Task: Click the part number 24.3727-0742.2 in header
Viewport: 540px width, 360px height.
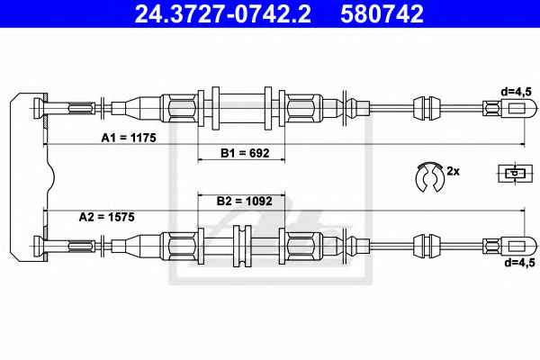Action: pyautogui.click(x=222, y=13)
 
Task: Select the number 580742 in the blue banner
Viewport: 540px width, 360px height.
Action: pyautogui.click(x=382, y=13)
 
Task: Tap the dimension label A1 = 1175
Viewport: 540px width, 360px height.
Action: pyautogui.click(x=129, y=138)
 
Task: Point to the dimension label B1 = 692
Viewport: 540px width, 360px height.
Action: pyautogui.click(x=245, y=153)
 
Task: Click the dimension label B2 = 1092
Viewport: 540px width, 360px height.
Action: pyautogui.click(x=245, y=202)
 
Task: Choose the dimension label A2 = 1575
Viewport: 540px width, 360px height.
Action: pyautogui.click(x=107, y=217)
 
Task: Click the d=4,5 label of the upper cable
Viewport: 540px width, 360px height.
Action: pyautogui.click(x=517, y=92)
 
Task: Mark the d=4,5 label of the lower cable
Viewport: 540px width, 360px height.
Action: pyautogui.click(x=519, y=263)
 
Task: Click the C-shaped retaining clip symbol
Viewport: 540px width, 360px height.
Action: pyautogui.click(x=430, y=176)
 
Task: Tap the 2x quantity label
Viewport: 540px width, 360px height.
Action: pyautogui.click(x=454, y=171)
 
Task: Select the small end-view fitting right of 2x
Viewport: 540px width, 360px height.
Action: pyautogui.click(x=514, y=173)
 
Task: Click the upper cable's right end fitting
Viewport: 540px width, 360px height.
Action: pyautogui.click(x=509, y=108)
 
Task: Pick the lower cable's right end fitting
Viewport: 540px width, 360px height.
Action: pyautogui.click(x=509, y=246)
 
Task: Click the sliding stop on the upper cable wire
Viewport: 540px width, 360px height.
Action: pyautogui.click(x=427, y=108)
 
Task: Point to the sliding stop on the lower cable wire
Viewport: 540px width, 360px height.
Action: pyautogui.click(x=427, y=246)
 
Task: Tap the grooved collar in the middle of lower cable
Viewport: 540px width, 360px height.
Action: pyautogui.click(x=242, y=246)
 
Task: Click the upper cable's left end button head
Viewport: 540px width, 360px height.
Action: pyautogui.click(x=39, y=109)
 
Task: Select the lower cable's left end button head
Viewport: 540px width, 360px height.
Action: pyautogui.click(x=39, y=247)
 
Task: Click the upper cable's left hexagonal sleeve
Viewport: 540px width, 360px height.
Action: pyautogui.click(x=179, y=108)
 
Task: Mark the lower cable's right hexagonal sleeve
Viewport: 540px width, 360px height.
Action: pyautogui.click(x=304, y=246)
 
